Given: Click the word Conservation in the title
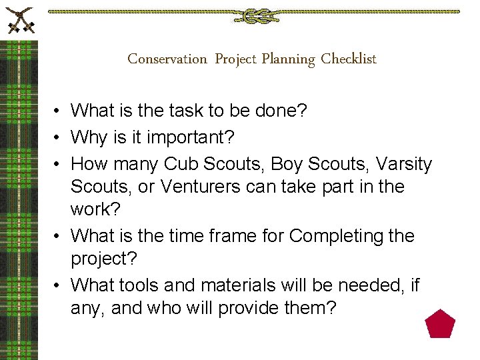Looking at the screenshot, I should [x=167, y=59].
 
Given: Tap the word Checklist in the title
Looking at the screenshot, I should [x=349, y=59].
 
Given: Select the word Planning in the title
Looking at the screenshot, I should [x=288, y=59].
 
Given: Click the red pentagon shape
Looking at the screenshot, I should [x=440, y=324].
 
